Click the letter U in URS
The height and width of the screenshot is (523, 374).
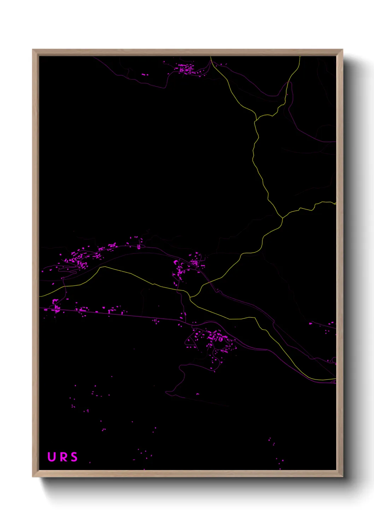[x=52, y=457]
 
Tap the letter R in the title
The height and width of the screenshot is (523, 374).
[x=63, y=457]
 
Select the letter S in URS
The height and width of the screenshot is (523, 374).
[x=74, y=457]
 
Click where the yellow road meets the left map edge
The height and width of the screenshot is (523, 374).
[x=40, y=296]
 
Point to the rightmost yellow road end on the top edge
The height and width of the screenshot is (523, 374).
[x=300, y=57]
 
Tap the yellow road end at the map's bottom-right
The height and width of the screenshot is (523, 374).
[x=335, y=379]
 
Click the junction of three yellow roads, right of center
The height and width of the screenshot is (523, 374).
[x=282, y=218]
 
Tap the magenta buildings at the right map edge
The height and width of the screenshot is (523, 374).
[x=330, y=324]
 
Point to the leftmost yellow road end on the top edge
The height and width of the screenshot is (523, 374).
[x=211, y=57]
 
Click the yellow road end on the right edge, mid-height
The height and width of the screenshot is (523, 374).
[x=335, y=204]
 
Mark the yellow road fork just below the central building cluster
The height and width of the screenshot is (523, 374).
[x=190, y=297]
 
